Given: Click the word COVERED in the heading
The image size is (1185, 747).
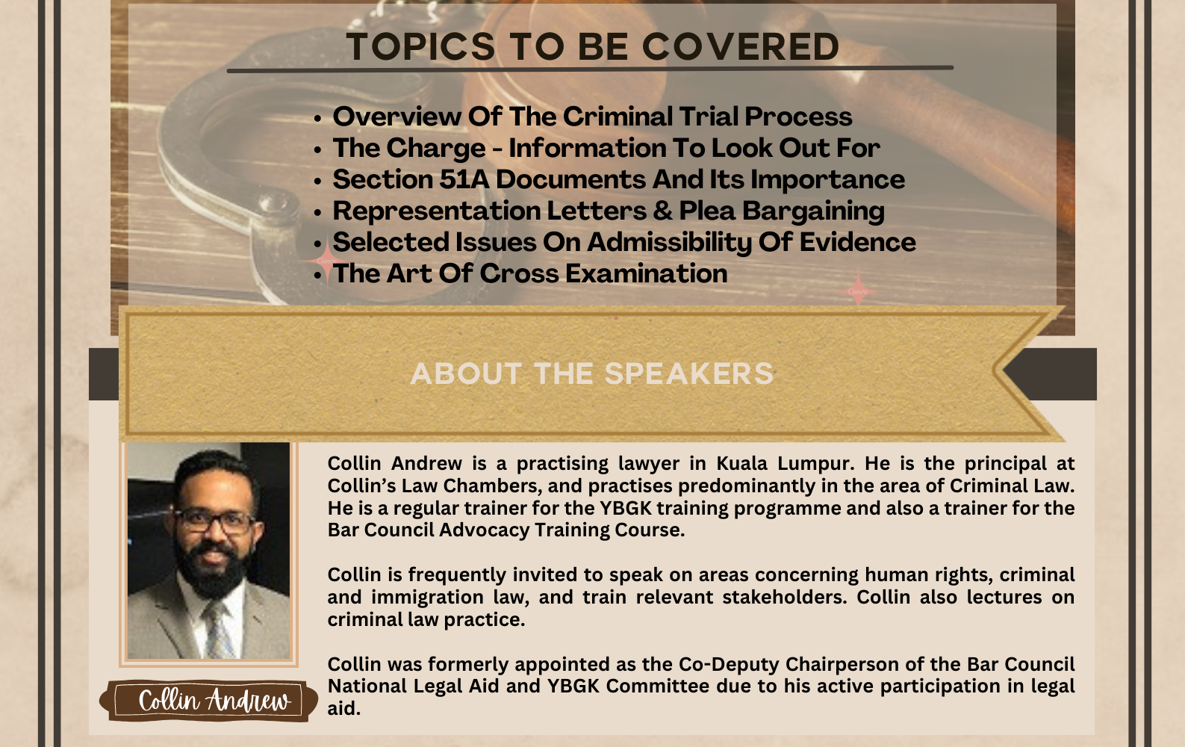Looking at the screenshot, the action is click(x=741, y=46).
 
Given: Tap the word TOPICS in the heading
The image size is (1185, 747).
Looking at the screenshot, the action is click(x=420, y=46).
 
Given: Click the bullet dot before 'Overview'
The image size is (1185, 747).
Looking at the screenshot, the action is click(x=317, y=118).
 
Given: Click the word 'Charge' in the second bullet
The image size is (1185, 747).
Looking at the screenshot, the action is click(x=435, y=149).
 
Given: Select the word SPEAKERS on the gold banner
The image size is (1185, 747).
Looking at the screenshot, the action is click(x=688, y=373).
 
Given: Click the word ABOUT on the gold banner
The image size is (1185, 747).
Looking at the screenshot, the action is click(x=466, y=373).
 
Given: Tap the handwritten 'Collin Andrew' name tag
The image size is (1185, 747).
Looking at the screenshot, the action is click(x=209, y=701).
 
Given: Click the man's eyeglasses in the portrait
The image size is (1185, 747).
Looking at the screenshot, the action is click(x=215, y=521).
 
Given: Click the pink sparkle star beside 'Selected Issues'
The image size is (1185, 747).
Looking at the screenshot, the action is click(x=326, y=261).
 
